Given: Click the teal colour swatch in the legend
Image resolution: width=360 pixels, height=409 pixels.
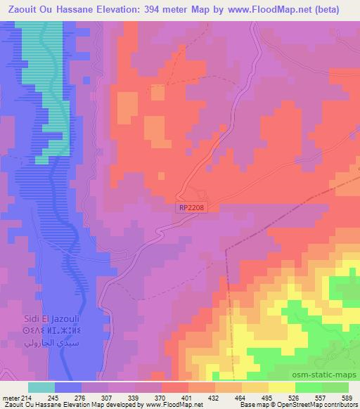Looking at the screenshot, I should pyautogui.click(x=41, y=387).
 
